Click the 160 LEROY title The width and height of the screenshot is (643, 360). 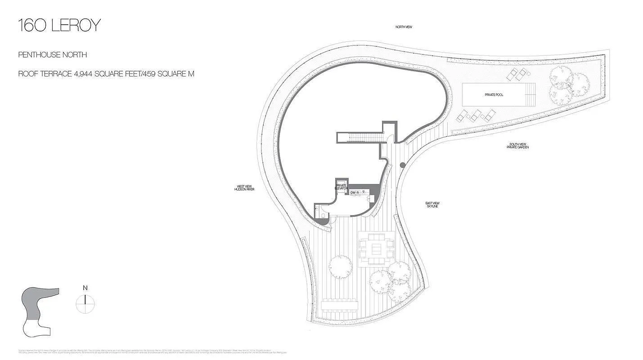click(59, 26)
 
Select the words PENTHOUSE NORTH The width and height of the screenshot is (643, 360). click(52, 55)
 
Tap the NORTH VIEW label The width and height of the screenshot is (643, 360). click(404, 27)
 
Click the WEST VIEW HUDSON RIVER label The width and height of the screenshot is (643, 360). click(244, 188)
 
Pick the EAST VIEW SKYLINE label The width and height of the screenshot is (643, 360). click(432, 204)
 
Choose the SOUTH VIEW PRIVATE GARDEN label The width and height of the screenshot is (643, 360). click(517, 146)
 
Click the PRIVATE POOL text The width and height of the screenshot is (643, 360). click(494, 95)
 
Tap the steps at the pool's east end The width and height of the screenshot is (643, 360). click(531, 94)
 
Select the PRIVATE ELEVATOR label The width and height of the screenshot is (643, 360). click(341, 187)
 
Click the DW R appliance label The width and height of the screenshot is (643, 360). click(355, 193)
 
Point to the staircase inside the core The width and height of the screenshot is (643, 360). click(360, 137)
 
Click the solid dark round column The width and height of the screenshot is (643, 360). click(402, 165)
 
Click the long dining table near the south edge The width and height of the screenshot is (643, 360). click(340, 305)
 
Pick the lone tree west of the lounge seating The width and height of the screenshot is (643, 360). click(340, 265)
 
